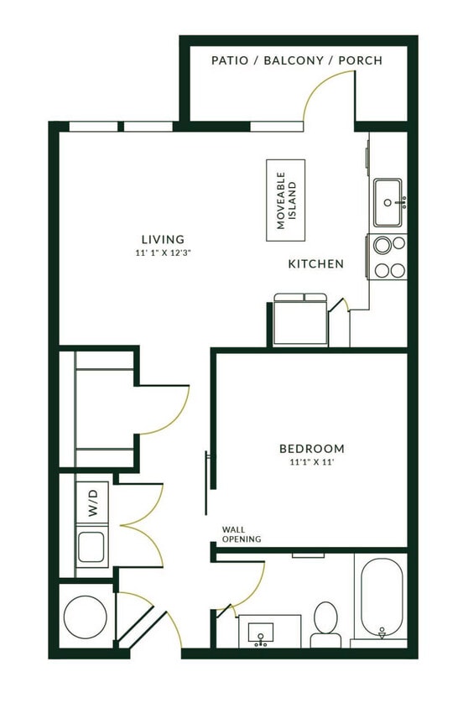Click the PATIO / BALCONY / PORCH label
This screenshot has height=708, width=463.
pos(297,60)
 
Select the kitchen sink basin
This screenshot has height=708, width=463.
pos(387,202)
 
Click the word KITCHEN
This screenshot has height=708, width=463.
pos(316,264)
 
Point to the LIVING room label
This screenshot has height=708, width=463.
pos(163,239)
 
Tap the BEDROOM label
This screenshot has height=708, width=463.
pos(312,448)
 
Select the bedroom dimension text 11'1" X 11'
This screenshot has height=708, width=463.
pos(312,461)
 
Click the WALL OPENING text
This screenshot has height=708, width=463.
pos(241,534)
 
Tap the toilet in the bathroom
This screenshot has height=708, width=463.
pos(325,622)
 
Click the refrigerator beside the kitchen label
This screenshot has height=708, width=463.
pos(299,320)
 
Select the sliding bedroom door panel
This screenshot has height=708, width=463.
pos(206,482)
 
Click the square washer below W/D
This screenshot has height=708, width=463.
pos(91,547)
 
